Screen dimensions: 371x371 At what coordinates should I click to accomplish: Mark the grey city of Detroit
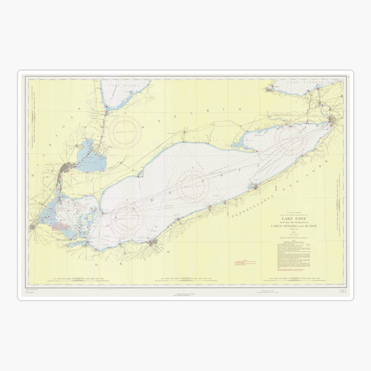click(67, 168)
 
